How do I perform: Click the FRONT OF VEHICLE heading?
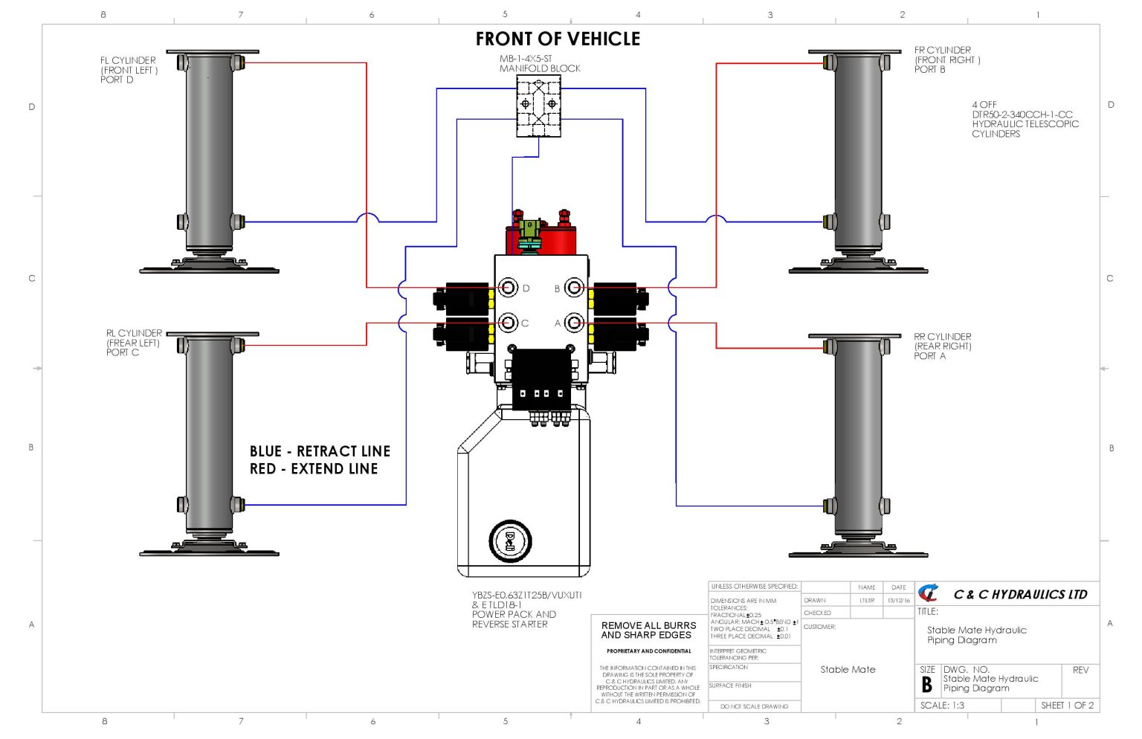coord(558,39)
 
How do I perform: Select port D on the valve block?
coord(509,288)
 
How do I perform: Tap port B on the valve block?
coord(573,288)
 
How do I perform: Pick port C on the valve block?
coord(509,323)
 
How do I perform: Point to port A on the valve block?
coord(573,323)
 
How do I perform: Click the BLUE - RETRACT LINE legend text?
coord(320,451)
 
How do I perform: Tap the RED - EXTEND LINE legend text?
coord(314,469)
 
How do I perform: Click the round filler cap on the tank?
coord(510,540)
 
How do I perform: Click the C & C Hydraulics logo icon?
coord(929,593)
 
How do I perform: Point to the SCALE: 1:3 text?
coord(942,706)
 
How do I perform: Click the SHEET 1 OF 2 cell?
coord(1067,706)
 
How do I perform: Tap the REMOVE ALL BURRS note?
coord(648,630)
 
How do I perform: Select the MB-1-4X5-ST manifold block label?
coord(540,63)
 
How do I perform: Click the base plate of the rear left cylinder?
coord(210,552)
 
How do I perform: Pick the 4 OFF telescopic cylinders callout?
coord(1025,120)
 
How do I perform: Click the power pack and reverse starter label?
coord(526,610)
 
